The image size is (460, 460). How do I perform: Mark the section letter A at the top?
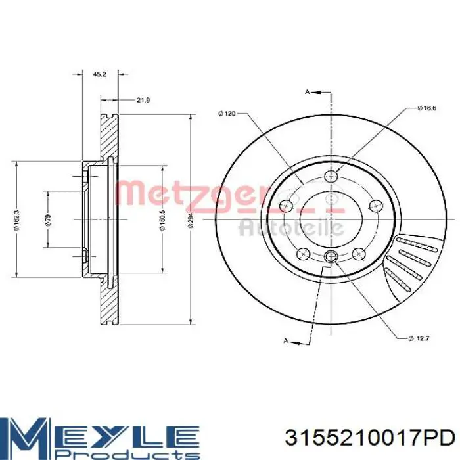tap(307, 92)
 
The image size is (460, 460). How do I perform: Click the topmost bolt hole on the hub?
tap(333, 175)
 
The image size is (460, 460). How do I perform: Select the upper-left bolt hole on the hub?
tap(286, 206)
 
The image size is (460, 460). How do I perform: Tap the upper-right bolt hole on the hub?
tap(378, 205)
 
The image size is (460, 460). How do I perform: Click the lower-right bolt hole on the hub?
tap(359, 253)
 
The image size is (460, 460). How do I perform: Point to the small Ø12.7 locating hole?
tap(331, 256)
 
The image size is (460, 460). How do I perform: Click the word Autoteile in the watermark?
tap(291, 227)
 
